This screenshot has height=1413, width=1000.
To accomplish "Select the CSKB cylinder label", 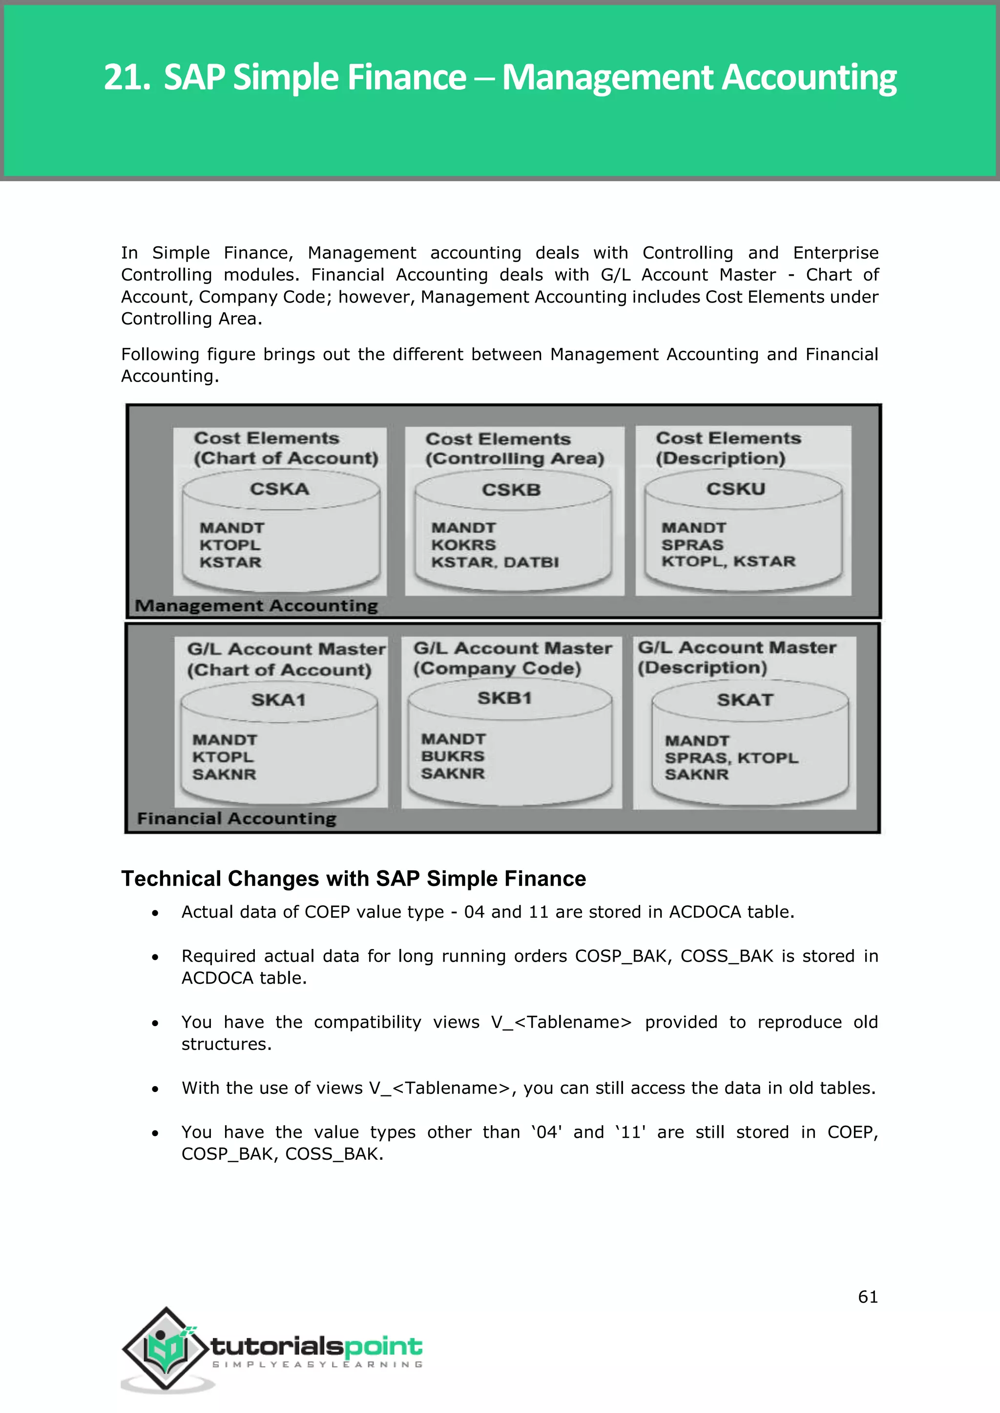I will pos(511,490).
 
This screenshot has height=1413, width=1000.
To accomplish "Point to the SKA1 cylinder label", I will pos(278,700).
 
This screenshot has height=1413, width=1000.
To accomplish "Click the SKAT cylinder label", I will pos(745,700).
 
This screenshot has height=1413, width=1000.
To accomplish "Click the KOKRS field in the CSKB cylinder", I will pos(463,545).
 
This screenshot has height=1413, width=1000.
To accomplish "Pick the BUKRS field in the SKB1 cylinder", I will pos(453,756).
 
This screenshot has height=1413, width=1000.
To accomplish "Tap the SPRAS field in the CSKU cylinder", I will pos(692,545).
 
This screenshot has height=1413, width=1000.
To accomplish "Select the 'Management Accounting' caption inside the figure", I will pos(256,606).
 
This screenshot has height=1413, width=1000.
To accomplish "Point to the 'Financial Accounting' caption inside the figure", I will pos(236,819).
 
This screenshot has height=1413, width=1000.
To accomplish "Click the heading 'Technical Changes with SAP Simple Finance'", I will pos(354,879).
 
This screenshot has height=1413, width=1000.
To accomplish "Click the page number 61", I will pos(868,1297).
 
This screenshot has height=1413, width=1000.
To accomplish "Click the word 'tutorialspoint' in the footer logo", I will pos(316,1347).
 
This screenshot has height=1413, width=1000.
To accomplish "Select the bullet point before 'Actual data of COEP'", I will pos(155,913).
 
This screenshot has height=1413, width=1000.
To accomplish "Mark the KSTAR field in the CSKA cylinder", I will pos(230,563).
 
